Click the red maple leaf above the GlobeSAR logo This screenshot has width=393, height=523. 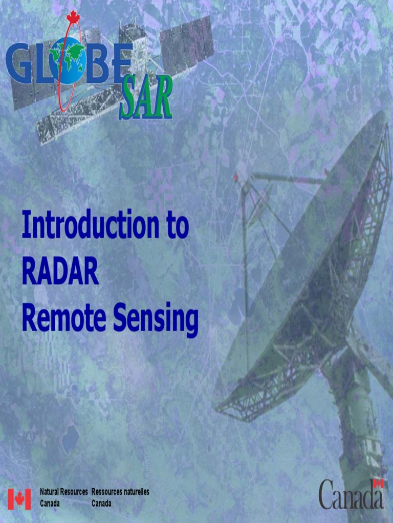pos(73,17)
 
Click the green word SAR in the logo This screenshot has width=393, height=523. pos(146,98)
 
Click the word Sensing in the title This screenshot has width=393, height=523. pos(156,320)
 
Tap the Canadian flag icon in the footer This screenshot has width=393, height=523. pos(19,499)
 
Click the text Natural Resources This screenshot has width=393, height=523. pos(64,492)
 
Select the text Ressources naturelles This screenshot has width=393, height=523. pos(120,492)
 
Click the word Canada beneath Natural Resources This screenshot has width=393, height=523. pos(50,504)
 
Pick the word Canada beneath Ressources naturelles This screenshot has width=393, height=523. pos(101,504)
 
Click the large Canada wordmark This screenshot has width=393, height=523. pos(351,495)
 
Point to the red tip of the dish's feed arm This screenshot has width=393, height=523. pos(236,177)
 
